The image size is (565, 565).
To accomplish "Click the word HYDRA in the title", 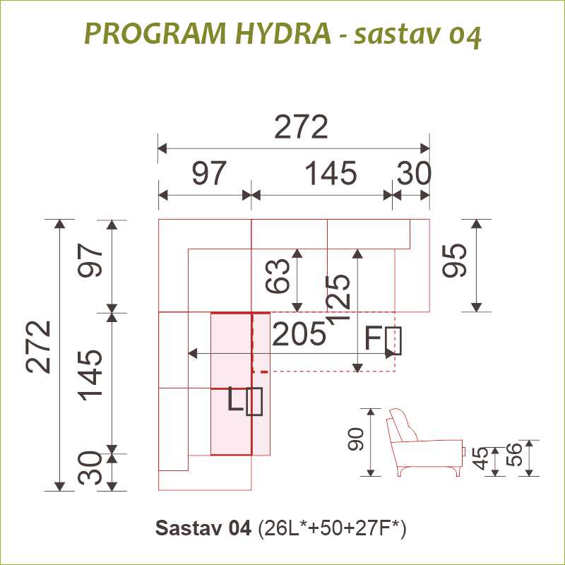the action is [283, 33].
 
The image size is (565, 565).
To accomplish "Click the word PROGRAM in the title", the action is [155, 33].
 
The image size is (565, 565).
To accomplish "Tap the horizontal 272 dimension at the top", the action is [302, 127].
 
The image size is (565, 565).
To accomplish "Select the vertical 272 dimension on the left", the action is [38, 346].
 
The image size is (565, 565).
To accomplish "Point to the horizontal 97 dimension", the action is [209, 173].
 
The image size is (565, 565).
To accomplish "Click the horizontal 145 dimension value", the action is [331, 173].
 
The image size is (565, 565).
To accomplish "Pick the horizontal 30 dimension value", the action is [414, 173].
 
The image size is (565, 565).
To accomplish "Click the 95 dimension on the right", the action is [454, 261].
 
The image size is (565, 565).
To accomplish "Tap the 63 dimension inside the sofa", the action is [278, 275].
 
